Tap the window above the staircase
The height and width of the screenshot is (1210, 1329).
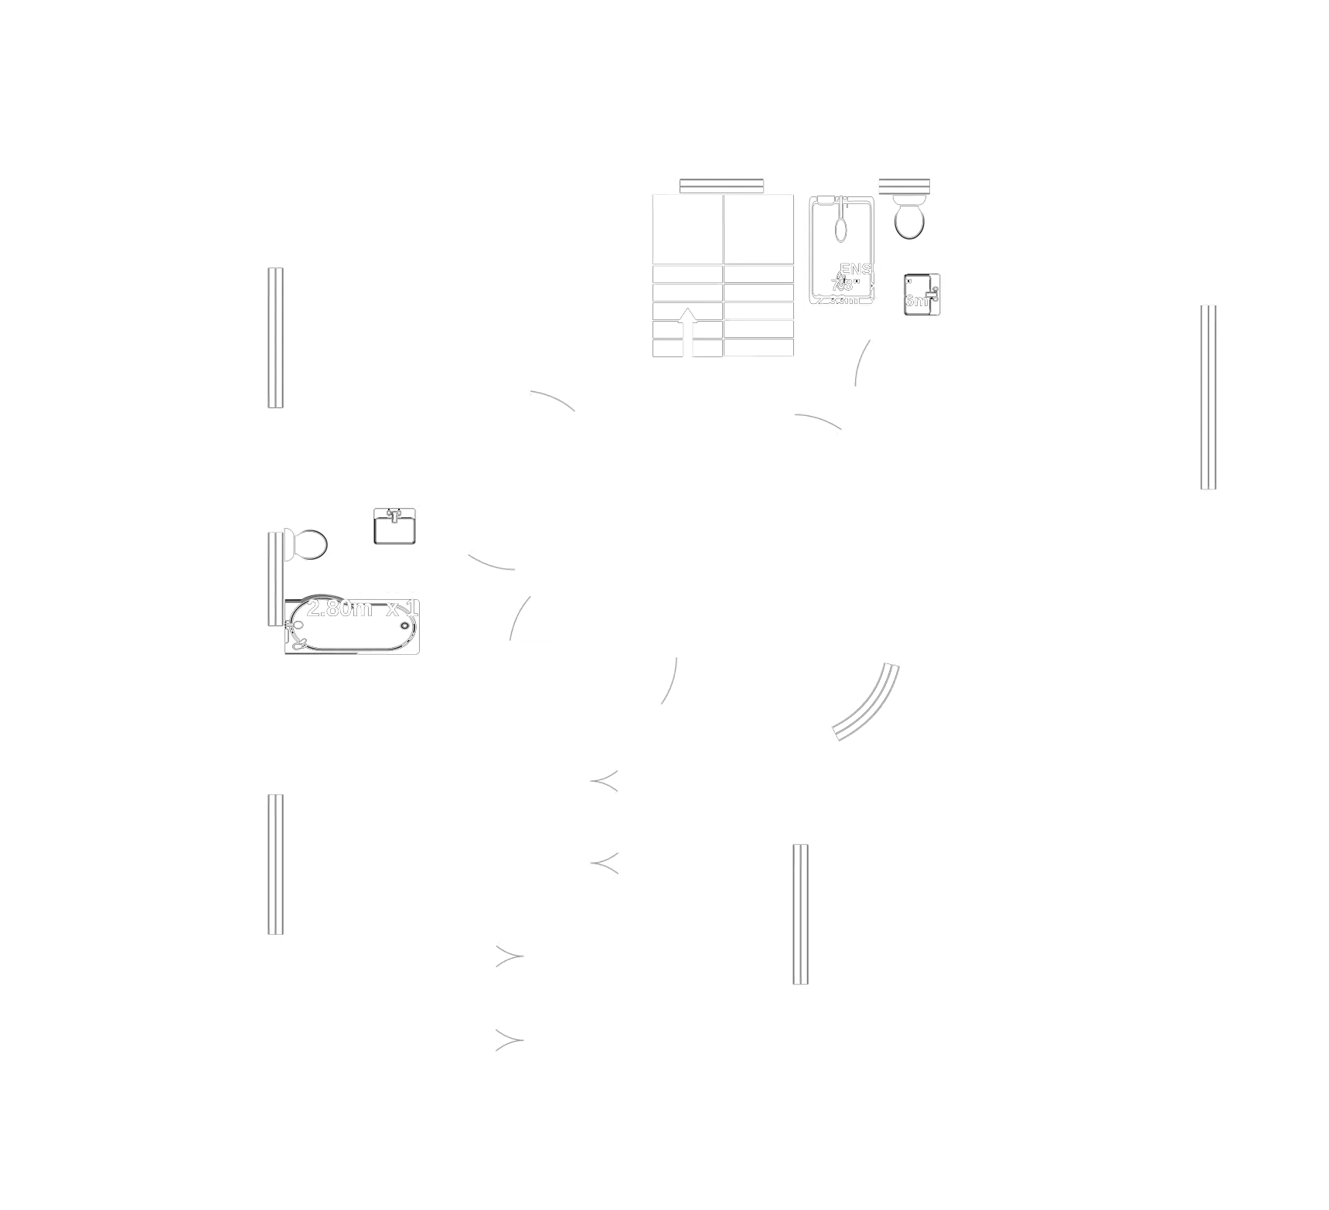click(x=721, y=186)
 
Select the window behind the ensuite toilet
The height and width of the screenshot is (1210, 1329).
click(x=905, y=186)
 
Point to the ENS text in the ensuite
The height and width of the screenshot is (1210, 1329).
click(x=857, y=270)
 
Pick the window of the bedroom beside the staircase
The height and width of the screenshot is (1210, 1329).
click(x=275, y=336)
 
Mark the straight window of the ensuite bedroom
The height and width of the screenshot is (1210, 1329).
click(x=1208, y=397)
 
